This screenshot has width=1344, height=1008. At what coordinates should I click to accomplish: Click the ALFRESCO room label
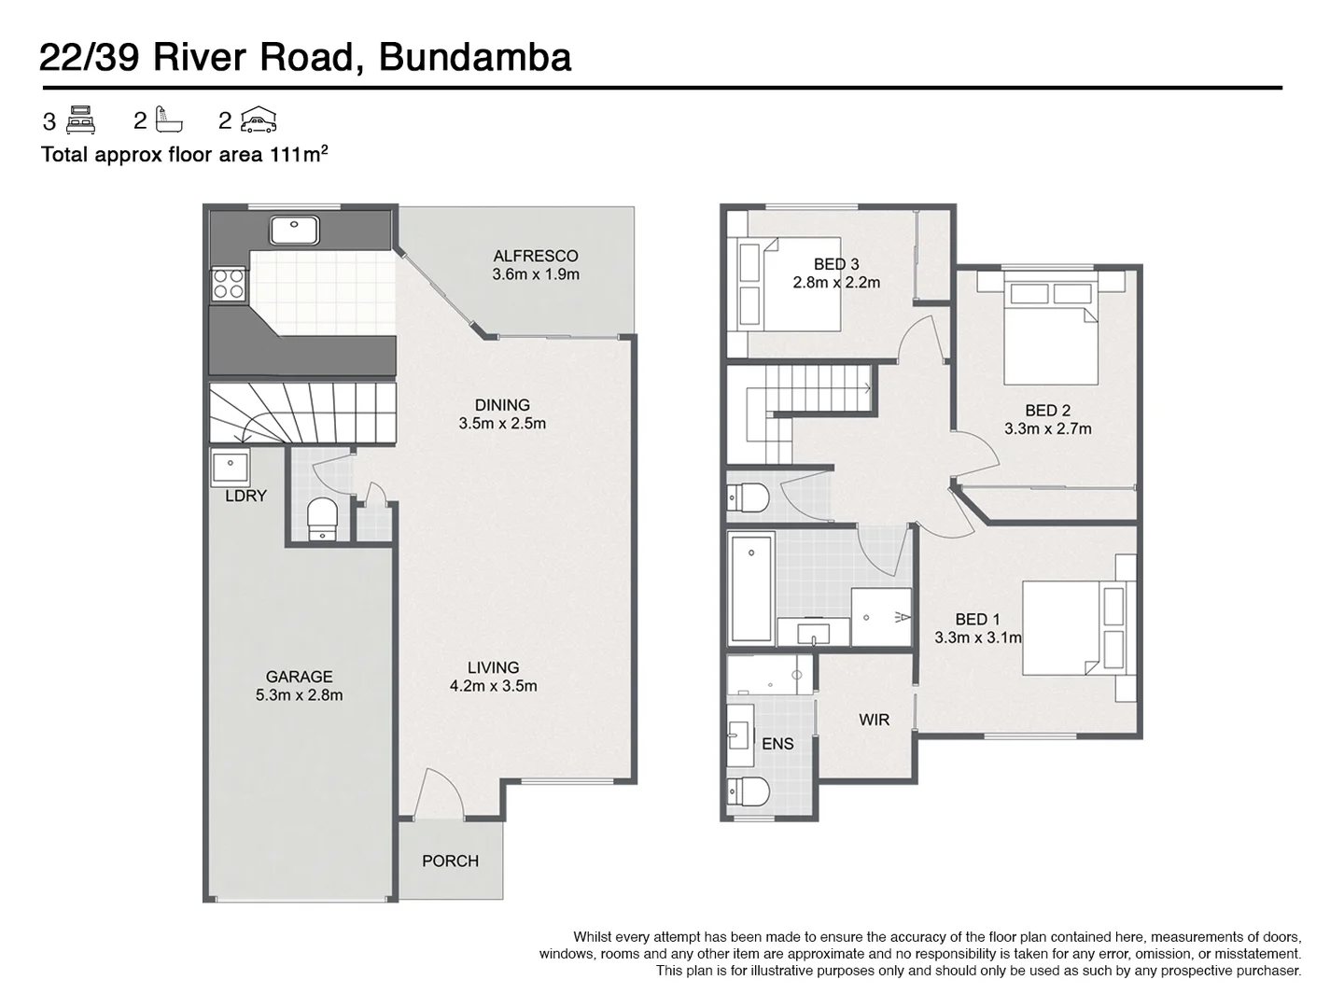(x=535, y=256)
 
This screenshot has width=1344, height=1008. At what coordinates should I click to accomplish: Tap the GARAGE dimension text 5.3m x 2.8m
(x=299, y=695)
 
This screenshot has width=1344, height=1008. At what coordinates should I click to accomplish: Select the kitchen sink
(x=294, y=229)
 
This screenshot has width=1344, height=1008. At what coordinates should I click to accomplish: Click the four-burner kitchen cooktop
(x=229, y=283)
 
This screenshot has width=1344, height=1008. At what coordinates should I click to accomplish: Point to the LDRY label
(x=245, y=496)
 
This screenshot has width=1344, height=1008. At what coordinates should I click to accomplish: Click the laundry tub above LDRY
(x=229, y=465)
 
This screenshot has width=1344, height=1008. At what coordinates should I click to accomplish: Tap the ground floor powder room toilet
(x=322, y=517)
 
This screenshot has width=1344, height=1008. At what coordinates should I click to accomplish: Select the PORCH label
(x=450, y=861)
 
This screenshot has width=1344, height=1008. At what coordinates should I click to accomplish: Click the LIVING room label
(x=493, y=667)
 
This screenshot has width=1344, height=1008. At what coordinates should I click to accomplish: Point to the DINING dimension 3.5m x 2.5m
(x=502, y=424)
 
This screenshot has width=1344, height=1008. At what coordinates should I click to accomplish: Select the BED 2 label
(x=1047, y=411)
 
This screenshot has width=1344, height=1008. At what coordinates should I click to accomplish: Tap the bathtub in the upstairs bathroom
(x=751, y=588)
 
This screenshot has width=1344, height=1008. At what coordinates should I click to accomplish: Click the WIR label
(x=874, y=720)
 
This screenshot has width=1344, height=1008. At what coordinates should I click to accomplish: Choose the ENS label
(x=777, y=744)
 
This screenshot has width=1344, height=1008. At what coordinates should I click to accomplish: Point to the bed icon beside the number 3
(x=81, y=120)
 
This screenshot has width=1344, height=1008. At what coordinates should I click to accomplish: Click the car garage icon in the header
(x=259, y=120)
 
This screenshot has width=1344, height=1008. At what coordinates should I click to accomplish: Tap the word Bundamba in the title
(x=475, y=58)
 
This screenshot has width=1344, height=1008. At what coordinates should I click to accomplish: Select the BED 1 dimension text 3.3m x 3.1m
(x=977, y=638)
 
